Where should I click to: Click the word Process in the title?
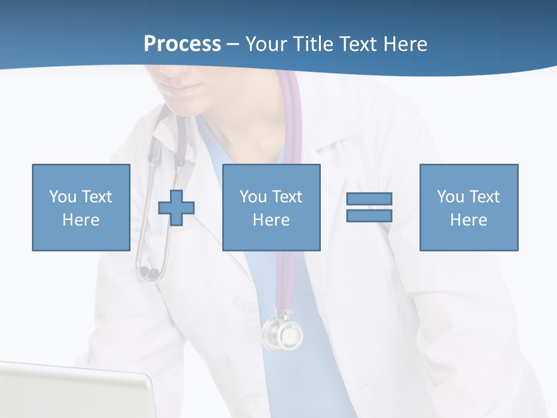click(x=182, y=44)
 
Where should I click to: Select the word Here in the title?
click(x=404, y=44)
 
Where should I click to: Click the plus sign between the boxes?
click(x=176, y=207)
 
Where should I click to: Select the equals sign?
click(x=369, y=207)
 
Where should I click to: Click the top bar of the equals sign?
click(x=369, y=199)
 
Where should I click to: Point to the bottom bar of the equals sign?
click(x=369, y=216)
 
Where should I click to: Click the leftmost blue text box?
click(x=81, y=207)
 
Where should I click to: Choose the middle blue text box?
click(x=271, y=207)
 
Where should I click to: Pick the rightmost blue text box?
click(x=468, y=207)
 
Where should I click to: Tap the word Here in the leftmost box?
click(x=81, y=220)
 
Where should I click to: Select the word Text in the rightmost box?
click(x=484, y=197)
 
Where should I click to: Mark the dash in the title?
click(x=233, y=44)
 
